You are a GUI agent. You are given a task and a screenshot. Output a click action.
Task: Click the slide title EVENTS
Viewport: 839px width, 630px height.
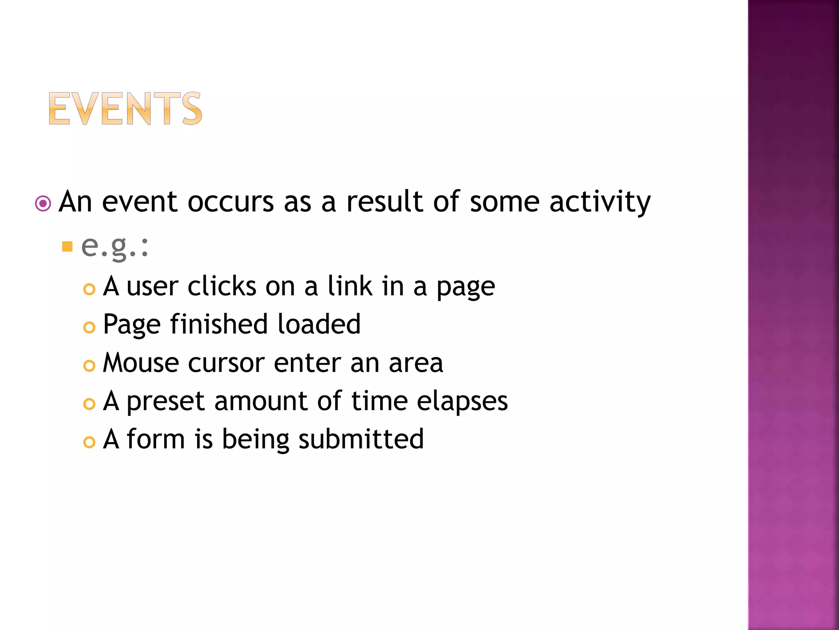(125, 109)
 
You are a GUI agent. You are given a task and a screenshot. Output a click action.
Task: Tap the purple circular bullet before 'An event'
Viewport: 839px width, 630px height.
(43, 203)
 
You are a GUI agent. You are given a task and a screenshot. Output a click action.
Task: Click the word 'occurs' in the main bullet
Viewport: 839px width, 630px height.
(231, 202)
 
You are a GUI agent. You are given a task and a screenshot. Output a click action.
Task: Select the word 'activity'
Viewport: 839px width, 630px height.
(600, 202)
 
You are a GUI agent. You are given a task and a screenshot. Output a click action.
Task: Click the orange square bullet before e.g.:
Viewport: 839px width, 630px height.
(67, 247)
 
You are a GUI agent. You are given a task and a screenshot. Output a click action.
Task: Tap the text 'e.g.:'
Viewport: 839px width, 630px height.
(115, 247)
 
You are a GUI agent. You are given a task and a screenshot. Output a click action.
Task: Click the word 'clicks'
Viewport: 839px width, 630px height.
(222, 286)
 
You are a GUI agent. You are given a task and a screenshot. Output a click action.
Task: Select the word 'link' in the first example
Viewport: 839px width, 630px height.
(350, 286)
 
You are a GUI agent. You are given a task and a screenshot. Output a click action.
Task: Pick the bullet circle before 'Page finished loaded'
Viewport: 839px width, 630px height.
(89, 327)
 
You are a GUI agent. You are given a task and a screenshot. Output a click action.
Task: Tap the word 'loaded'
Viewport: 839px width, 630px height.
(319, 324)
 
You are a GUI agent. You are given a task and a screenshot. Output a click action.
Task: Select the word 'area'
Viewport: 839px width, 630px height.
(416, 363)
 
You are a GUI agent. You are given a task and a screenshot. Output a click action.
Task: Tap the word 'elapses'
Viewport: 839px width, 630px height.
(462, 401)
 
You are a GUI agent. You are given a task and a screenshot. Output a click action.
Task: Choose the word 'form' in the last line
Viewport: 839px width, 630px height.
(156, 439)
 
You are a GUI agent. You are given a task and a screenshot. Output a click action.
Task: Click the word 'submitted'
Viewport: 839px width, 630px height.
(361, 439)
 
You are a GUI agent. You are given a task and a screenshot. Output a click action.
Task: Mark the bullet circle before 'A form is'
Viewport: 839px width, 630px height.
(89, 442)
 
